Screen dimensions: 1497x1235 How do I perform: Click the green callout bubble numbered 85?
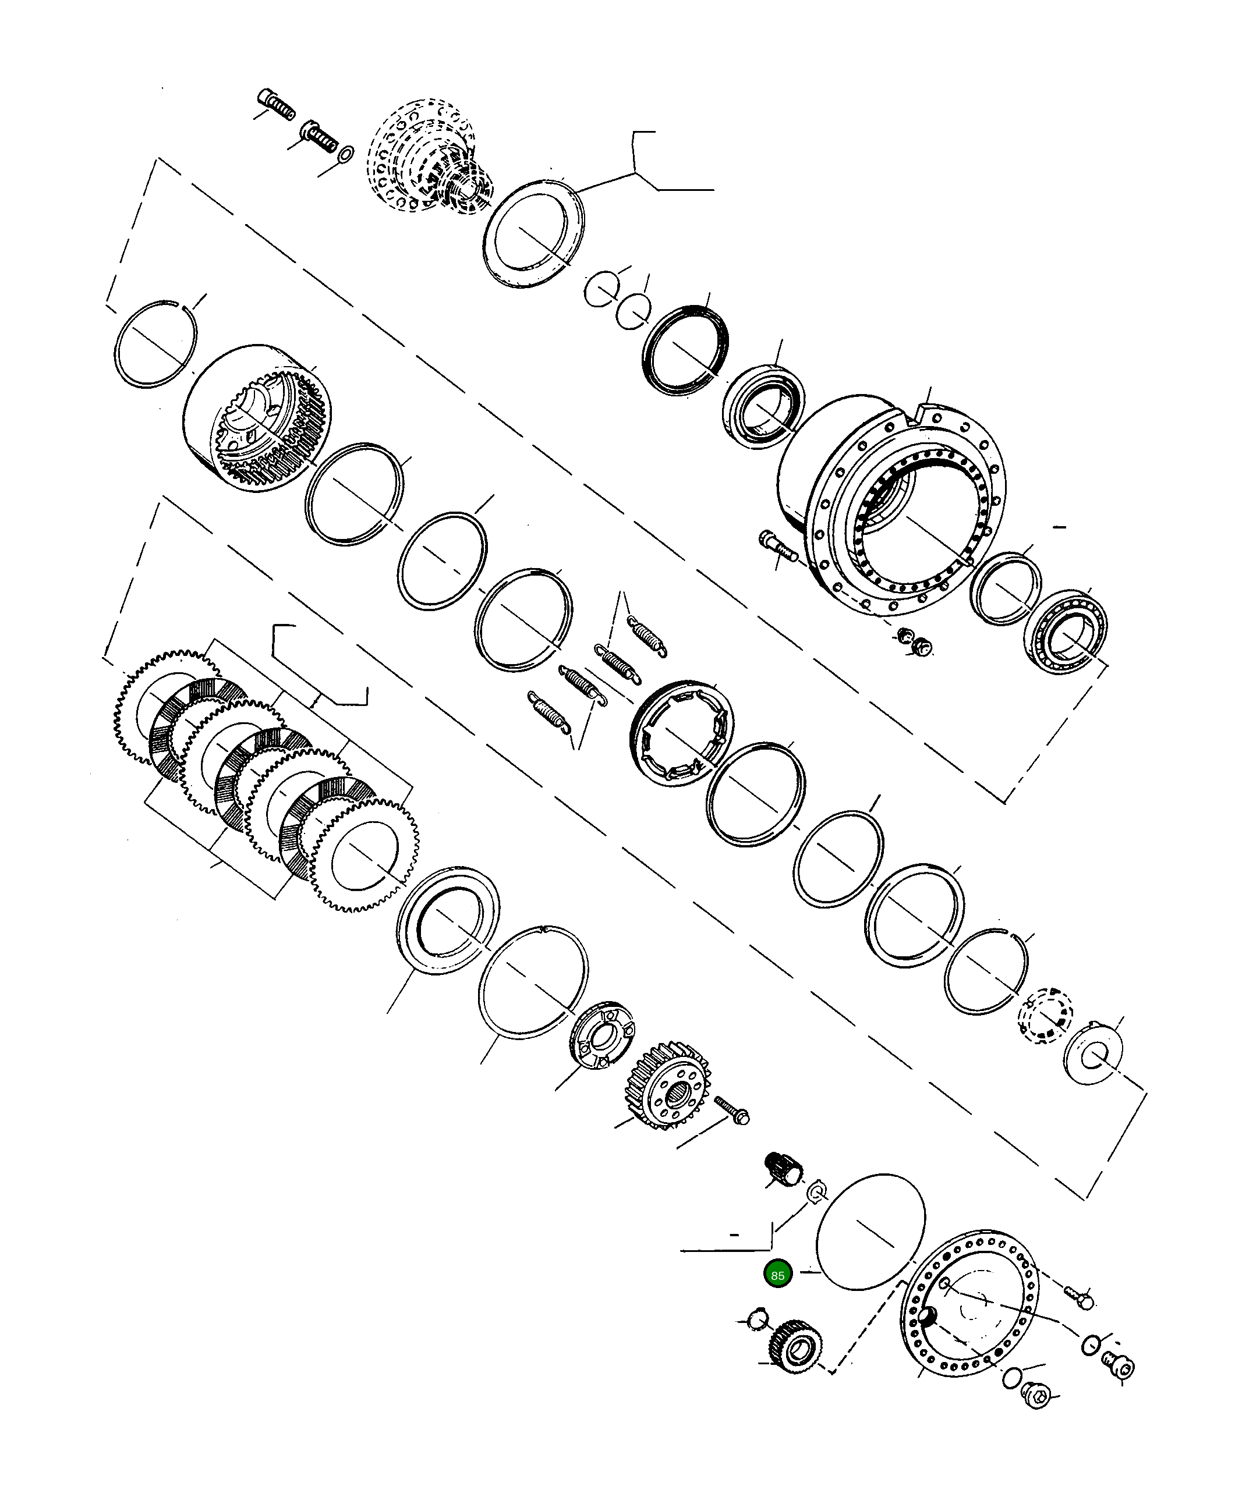click(777, 1275)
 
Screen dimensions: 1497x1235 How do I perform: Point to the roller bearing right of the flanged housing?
click(1066, 632)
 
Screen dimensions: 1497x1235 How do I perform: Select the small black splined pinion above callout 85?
click(783, 1169)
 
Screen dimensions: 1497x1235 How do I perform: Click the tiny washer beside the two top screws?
click(346, 154)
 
